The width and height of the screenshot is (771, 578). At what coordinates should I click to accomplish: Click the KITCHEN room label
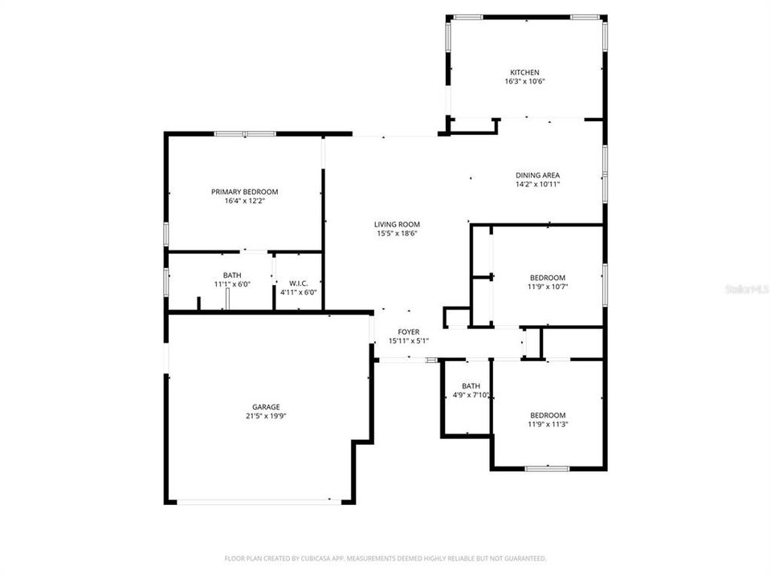coord(525,72)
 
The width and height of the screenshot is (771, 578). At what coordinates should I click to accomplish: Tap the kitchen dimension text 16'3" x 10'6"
coord(525,82)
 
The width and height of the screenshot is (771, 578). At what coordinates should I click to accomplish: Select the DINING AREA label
coord(537,175)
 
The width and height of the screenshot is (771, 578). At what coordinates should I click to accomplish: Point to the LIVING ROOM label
coord(397,225)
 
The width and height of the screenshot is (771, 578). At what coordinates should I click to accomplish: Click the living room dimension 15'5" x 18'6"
coord(397,234)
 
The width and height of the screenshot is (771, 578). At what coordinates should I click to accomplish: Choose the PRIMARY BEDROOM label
coord(244,192)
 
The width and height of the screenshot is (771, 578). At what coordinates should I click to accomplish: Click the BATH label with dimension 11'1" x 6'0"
coord(231,275)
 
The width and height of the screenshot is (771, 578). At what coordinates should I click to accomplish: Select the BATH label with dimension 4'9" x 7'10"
coord(471,385)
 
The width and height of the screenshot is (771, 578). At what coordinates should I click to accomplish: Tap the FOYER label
coord(409,332)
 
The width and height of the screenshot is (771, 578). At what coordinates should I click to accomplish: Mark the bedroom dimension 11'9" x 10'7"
coord(547,287)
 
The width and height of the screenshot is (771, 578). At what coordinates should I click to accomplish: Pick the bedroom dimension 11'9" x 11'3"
coord(547,424)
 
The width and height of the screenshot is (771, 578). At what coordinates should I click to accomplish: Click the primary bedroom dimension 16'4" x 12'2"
coord(244,201)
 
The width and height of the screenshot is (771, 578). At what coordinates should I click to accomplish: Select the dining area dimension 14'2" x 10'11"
coord(537,184)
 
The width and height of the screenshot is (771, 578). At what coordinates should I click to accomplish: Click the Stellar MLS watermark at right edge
coord(748,287)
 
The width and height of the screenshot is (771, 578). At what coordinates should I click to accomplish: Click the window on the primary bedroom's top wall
coord(245,134)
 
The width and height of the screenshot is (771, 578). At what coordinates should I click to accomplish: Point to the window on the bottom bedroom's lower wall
coord(547,468)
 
